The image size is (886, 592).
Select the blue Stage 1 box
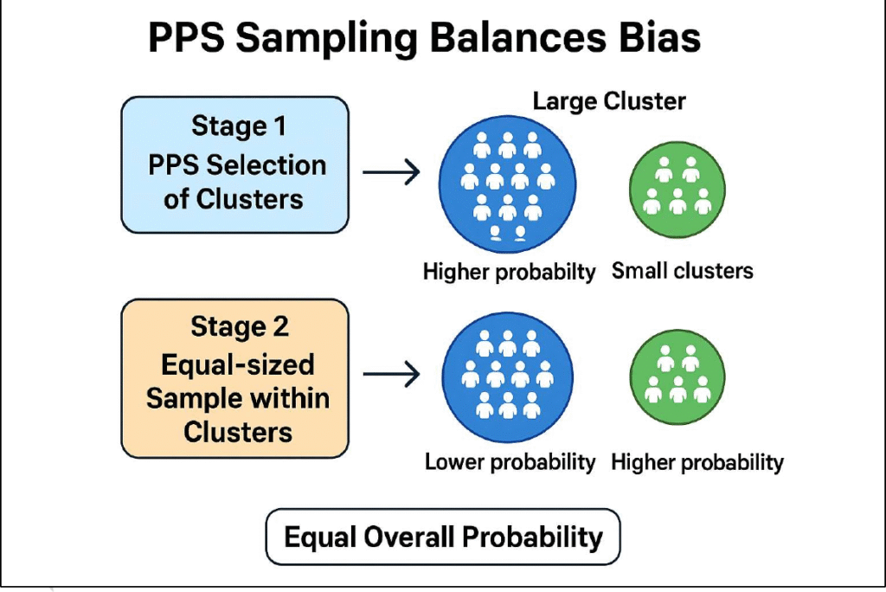tap(234, 164)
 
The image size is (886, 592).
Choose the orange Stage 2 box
tap(234, 378)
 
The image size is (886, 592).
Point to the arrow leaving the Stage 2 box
tap(391, 374)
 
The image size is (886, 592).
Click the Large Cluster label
tap(609, 101)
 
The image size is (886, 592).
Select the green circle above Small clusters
tap(677, 188)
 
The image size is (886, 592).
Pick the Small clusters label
tap(683, 271)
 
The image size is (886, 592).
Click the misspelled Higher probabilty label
tap(509, 272)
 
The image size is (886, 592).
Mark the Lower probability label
tap(510, 462)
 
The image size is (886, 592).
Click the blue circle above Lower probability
tap(508, 374)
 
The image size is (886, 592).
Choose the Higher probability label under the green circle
tap(697, 462)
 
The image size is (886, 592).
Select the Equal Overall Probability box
tap(443, 537)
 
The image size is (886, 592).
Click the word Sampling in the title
tap(334, 40)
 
